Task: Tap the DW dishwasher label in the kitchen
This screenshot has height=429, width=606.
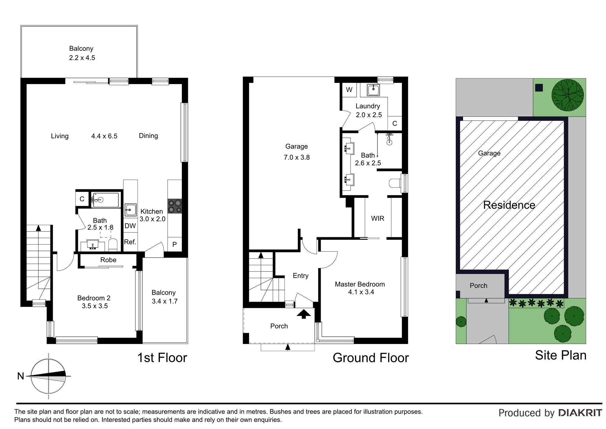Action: pos(130,226)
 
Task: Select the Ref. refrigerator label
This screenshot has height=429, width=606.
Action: pos(130,242)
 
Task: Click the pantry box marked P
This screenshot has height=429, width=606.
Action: pos(175,244)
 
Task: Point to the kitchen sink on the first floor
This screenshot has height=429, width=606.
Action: pos(131,210)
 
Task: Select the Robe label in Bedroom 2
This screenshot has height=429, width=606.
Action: pos(108,260)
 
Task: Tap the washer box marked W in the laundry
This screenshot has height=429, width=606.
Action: pos(349,90)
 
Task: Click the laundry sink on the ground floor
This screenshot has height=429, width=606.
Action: pos(374,90)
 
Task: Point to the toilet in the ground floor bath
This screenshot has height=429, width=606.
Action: pos(395,183)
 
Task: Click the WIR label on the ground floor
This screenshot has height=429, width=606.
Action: pos(378,218)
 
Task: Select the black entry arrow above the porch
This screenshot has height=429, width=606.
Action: pos(304,314)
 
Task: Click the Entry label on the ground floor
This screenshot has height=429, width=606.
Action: pos(301,275)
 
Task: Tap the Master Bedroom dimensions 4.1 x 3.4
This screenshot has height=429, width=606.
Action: pos(361,292)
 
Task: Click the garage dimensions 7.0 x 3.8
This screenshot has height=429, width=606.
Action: pos(297,157)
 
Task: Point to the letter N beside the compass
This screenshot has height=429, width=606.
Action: pos(21,376)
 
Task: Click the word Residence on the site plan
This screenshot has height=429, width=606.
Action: pos(509,205)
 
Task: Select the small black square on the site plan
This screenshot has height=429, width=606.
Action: pos(539,88)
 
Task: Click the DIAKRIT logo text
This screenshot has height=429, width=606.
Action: pos(580,413)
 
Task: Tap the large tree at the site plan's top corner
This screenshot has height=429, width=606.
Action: pos(568,95)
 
